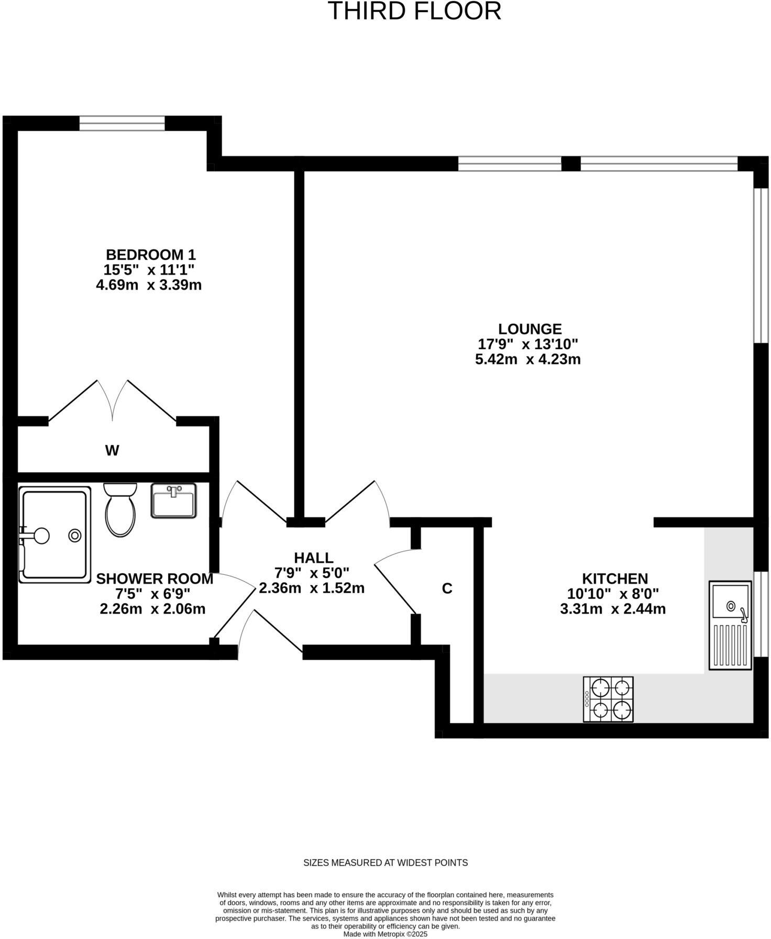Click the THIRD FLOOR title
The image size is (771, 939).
point(414,12)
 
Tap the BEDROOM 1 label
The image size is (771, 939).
point(150,255)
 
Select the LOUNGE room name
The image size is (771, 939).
point(530,329)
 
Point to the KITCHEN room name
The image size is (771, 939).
point(615,579)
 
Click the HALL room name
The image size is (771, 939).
point(313,558)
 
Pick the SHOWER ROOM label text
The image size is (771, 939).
point(155,579)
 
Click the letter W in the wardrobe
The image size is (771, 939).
point(112,450)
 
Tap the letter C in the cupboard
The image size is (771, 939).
point(447,589)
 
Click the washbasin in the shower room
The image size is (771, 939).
point(173,501)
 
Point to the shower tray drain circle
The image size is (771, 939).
point(75,536)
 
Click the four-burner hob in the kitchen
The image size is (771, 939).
point(608,699)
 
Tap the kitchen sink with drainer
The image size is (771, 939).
point(730,625)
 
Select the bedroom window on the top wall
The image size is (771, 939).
point(122,124)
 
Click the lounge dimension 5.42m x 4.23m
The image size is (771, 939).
point(527,359)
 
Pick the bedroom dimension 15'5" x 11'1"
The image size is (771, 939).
point(149,270)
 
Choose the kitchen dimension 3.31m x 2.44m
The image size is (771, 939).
point(613,609)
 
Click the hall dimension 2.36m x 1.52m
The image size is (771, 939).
point(312,588)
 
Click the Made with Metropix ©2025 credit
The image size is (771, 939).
point(385,934)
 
